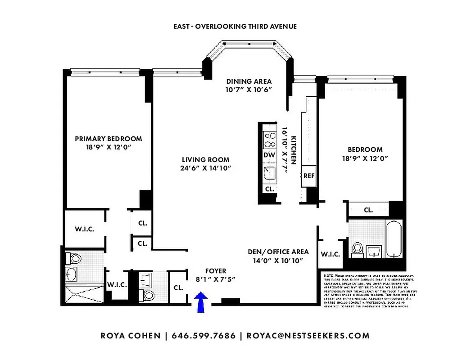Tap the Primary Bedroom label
(x=108, y=143)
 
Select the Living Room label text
(x=205, y=164)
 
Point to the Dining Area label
(x=249, y=85)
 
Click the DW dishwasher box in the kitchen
(x=269, y=155)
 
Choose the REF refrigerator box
(x=309, y=176)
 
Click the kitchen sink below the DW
(x=269, y=173)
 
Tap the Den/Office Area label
(x=278, y=256)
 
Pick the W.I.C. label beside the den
(x=330, y=254)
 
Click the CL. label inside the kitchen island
(x=269, y=189)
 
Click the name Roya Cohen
(x=131, y=336)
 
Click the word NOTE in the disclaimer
(x=328, y=275)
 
